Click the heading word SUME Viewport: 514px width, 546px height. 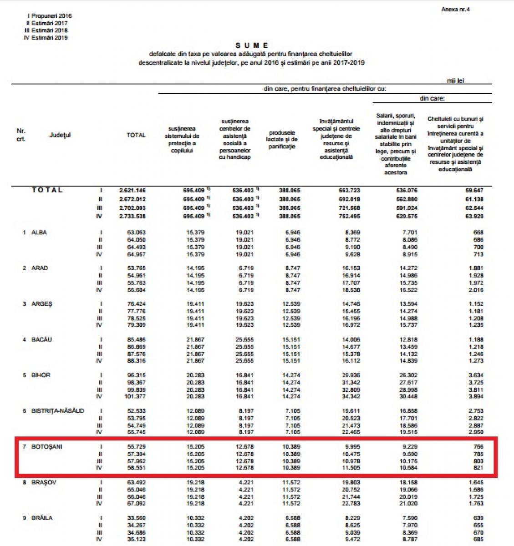coord(252,45)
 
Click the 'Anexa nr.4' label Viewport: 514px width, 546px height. coord(455,9)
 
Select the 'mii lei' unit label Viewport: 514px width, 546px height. coord(455,81)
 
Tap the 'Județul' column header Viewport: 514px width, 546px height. coord(60,135)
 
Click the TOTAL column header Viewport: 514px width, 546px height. coord(136,135)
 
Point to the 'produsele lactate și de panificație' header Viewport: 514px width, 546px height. coord(282,139)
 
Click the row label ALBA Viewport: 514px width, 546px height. coord(39,233)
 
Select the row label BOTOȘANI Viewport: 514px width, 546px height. coord(46,447)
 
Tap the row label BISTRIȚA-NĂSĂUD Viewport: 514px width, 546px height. coord(57,411)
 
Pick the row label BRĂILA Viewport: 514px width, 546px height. coord(42,518)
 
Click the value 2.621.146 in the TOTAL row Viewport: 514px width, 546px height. coord(132,190)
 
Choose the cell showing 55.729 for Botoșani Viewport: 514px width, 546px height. coord(136,447)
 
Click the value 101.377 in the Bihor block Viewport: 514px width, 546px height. coord(135,397)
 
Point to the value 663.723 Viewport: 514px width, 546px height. coord(349,190)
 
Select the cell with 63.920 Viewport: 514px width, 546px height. coord(474,217)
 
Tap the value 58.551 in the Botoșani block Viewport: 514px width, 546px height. coord(136,468)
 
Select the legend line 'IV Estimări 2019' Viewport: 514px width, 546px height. coord(46,38)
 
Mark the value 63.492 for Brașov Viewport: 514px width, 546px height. coord(136,482)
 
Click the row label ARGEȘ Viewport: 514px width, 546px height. coord(41,304)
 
